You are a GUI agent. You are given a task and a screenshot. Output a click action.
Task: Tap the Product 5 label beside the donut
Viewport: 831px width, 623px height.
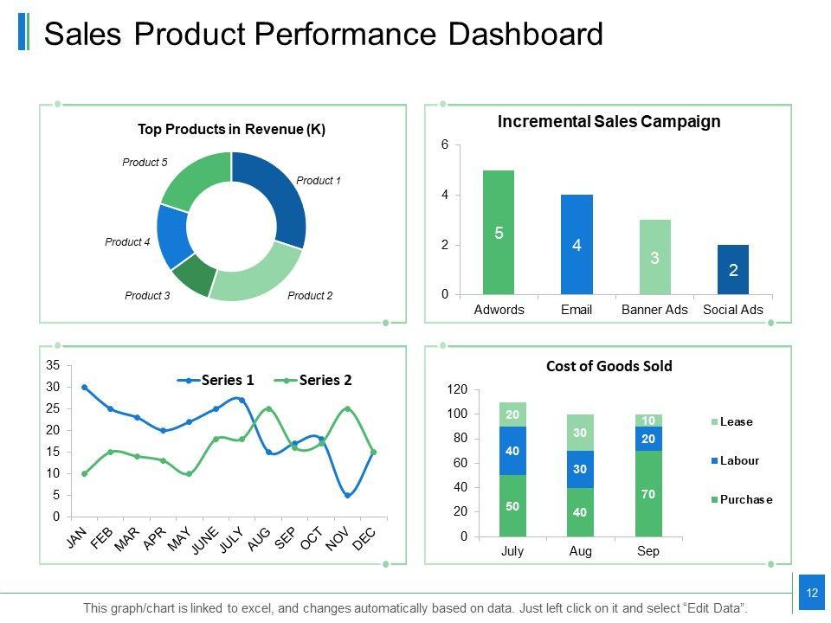(145, 162)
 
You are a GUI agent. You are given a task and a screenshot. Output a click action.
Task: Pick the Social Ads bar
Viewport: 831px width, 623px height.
(732, 269)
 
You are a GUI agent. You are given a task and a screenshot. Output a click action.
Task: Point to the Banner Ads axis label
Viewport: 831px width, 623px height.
(654, 310)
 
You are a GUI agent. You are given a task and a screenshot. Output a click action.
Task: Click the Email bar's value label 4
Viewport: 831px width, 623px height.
(577, 246)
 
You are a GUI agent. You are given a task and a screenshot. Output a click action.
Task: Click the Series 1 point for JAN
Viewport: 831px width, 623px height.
(84, 387)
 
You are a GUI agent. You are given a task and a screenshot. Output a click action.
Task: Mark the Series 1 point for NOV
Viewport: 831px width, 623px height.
(346, 495)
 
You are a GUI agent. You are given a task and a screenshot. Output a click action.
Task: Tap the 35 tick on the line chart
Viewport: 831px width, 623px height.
(53, 365)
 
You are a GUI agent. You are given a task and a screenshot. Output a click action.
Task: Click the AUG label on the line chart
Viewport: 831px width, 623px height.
(257, 539)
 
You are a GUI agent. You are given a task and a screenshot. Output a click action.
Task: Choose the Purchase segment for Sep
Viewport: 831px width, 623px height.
(648, 493)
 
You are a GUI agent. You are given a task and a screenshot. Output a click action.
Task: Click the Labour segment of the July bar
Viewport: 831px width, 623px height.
(512, 451)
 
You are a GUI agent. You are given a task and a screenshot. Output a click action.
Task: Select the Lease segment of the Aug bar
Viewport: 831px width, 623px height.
(581, 433)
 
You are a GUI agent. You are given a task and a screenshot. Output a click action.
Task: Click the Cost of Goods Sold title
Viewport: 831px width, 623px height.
(609, 366)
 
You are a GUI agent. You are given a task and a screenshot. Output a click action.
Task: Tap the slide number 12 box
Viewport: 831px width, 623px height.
(812, 593)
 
